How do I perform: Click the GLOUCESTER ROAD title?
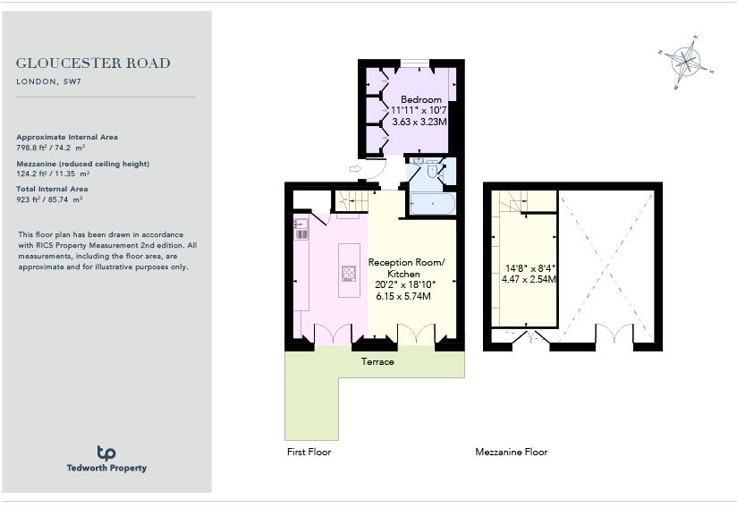coord(93,63)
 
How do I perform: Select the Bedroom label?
coord(420,99)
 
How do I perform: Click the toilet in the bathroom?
coord(431,170)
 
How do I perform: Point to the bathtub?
coord(431,203)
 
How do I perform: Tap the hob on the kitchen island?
coord(347,273)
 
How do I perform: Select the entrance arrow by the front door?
coord(355,168)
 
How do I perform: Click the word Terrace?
coord(377,361)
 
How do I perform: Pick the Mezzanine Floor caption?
coord(511,453)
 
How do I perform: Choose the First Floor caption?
coord(309,453)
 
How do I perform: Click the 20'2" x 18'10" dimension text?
coord(405,285)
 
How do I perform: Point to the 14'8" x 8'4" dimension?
coord(531,267)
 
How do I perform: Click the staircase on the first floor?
coord(350,202)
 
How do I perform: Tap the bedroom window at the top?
coord(412,63)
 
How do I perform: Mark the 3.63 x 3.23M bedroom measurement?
coord(419,121)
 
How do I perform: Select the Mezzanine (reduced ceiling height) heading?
coord(83,164)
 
